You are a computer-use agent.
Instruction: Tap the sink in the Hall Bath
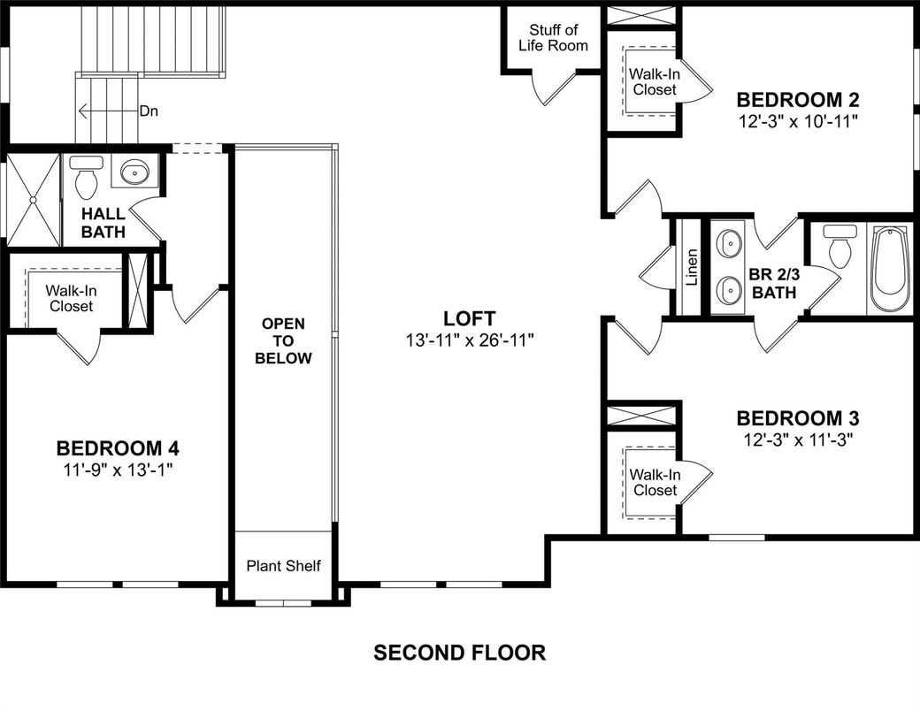[134, 172]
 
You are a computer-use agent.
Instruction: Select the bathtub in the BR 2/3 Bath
[889, 270]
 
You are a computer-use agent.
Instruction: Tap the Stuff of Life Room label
[553, 38]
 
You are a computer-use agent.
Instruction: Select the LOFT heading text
[469, 318]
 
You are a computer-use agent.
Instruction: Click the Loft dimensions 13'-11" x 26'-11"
[469, 339]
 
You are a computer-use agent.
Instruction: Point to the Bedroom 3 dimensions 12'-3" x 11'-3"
[798, 439]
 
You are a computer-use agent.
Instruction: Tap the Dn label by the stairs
[149, 111]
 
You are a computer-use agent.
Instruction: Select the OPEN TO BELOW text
[283, 340]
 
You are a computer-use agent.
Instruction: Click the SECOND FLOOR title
[459, 654]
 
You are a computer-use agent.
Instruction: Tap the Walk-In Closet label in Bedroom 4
[71, 298]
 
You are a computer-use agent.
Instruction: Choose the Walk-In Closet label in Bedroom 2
[655, 81]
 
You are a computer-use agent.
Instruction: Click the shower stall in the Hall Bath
[33, 200]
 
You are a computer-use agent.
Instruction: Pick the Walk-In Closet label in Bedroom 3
[655, 482]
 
